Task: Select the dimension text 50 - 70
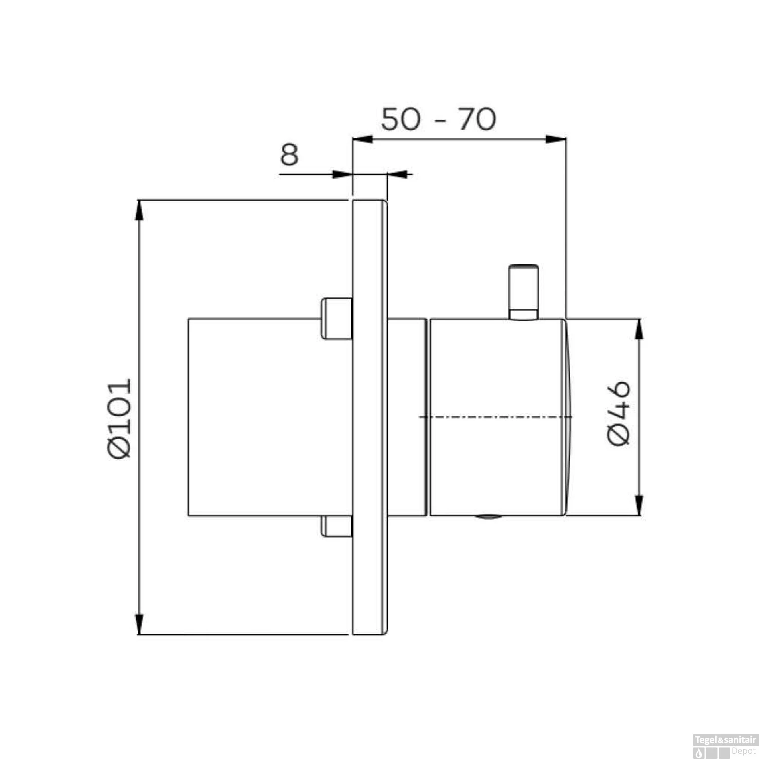pyautogui.click(x=438, y=120)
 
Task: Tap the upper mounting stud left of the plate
pyautogui.click(x=336, y=318)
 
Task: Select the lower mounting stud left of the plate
pyautogui.click(x=336, y=526)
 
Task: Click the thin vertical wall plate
pyautogui.click(x=369, y=417)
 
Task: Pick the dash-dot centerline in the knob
pyautogui.click(x=496, y=417)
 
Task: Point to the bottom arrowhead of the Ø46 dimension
pyautogui.click(x=640, y=505)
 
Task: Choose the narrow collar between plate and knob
pyautogui.click(x=406, y=417)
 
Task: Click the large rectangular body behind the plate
pyautogui.click(x=268, y=417)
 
